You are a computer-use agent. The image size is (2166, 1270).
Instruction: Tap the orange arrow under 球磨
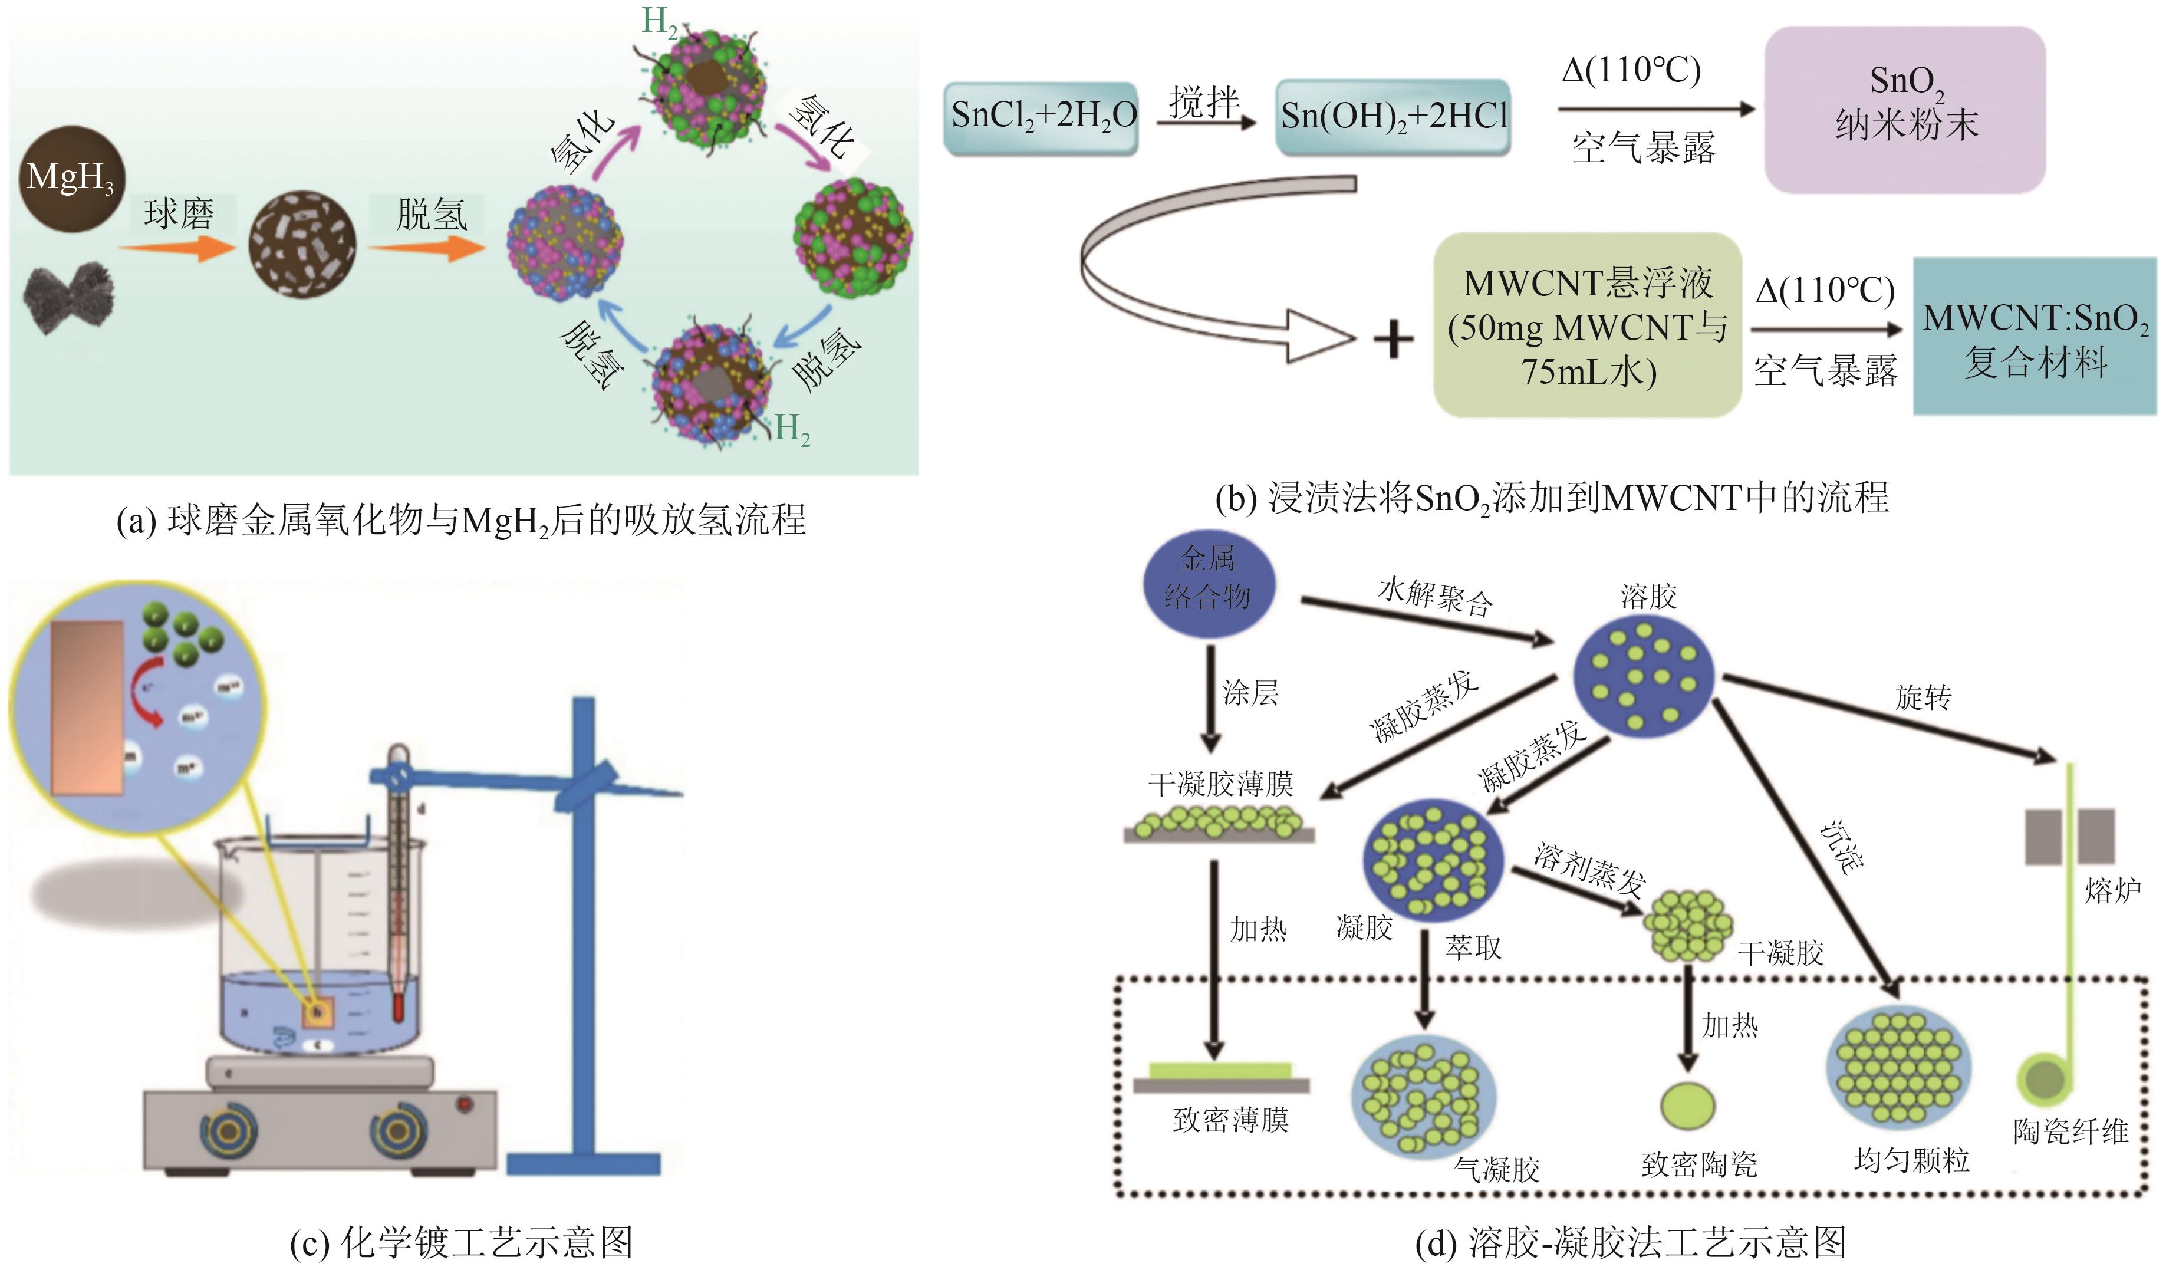coord(176,249)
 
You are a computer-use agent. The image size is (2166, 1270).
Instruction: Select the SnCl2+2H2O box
coord(1041,118)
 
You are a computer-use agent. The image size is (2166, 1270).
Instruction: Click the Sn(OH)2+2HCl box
coord(1393,118)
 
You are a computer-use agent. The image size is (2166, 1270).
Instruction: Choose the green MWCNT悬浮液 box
coord(1586,326)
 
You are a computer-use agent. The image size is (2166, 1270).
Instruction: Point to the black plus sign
coord(1393,339)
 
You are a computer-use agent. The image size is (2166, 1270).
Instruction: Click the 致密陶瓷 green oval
coord(1687,1105)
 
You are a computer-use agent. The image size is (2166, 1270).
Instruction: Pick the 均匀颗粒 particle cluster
coord(1898,1067)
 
